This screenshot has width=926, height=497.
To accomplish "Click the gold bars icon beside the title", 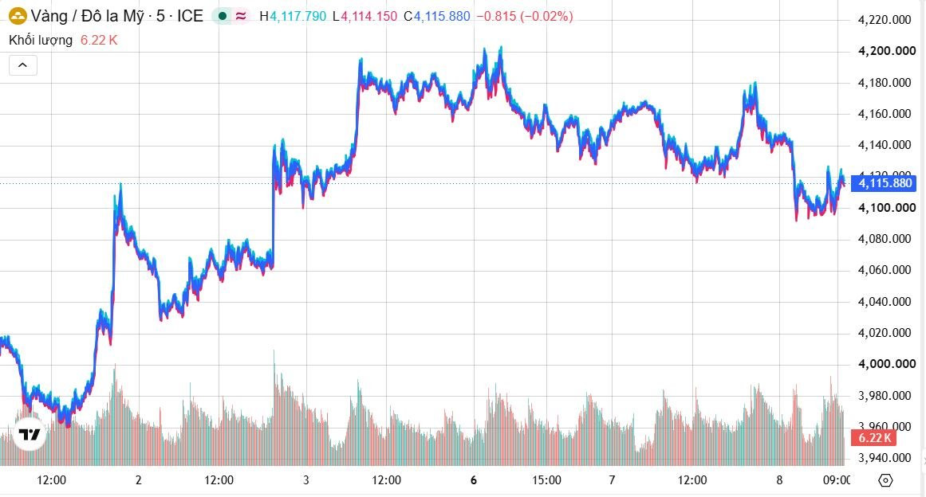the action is click(18, 17).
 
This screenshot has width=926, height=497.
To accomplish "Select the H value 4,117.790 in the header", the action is click(298, 17).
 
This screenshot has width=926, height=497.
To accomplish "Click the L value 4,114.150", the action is click(369, 17).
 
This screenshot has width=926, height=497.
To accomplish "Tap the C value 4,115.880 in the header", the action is click(443, 17).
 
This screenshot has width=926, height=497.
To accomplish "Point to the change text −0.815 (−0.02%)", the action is click(525, 17).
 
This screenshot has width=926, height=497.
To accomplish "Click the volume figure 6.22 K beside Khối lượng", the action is click(99, 40).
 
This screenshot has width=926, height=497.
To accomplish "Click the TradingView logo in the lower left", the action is click(29, 435).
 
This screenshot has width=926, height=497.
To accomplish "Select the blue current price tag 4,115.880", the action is click(884, 183).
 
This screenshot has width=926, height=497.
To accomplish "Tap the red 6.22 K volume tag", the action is click(874, 438).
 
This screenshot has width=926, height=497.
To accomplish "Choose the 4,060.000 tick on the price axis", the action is click(885, 271).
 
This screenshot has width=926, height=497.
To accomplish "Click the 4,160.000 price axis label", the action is click(885, 114).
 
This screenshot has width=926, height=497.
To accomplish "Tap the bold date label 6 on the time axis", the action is click(474, 480).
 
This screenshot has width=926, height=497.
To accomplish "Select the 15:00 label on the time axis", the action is click(546, 480).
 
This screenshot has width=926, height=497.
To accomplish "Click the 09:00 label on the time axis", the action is click(837, 480).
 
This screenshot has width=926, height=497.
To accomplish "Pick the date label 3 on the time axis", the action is click(306, 480).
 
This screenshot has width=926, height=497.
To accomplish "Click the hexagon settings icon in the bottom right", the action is click(885, 480).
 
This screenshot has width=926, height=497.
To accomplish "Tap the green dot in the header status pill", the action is click(223, 17).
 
